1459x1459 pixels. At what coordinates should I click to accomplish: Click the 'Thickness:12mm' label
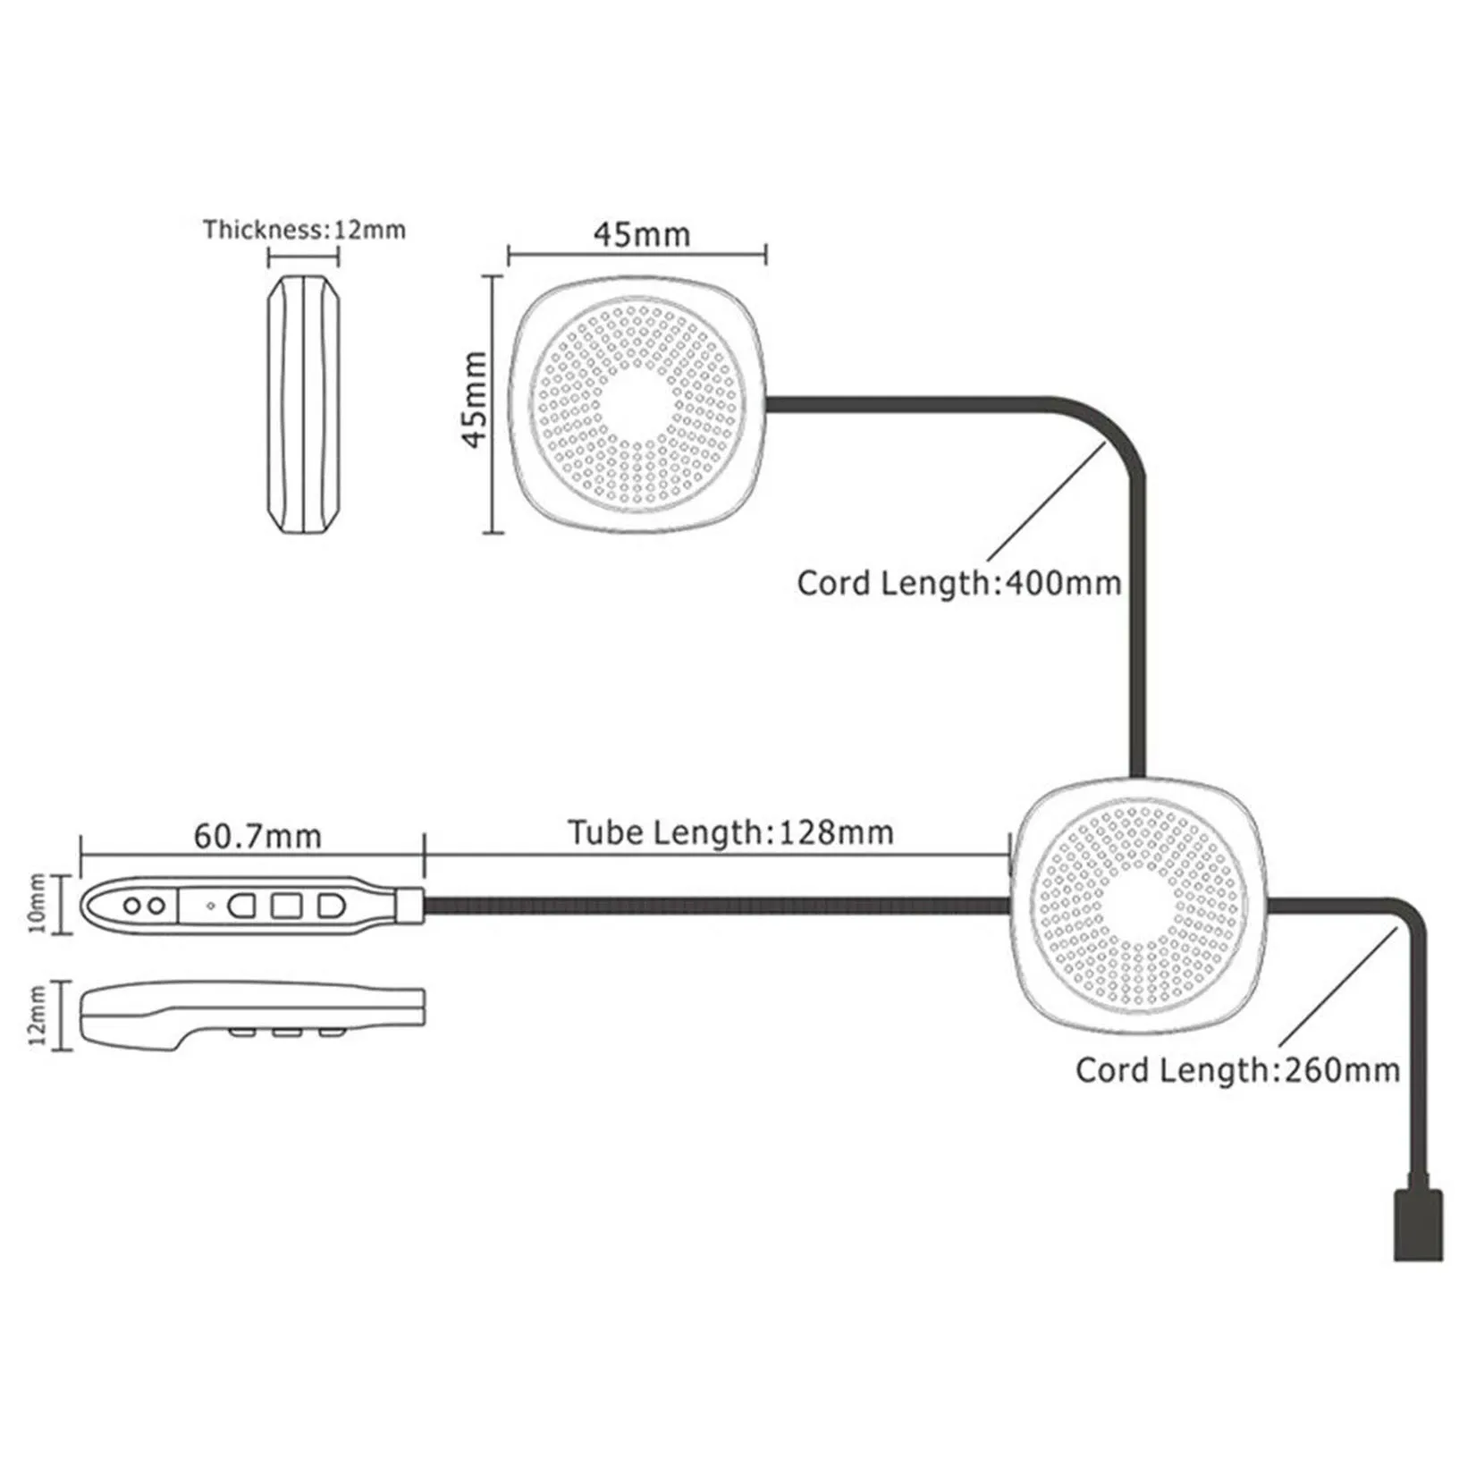tap(304, 230)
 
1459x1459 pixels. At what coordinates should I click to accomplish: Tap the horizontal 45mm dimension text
tap(642, 234)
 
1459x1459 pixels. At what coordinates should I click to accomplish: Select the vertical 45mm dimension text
tap(473, 399)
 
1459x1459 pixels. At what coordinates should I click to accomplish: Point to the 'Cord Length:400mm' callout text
tap(958, 583)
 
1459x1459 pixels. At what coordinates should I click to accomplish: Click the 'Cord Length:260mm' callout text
tap(1237, 1070)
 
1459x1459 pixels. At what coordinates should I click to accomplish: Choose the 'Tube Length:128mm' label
tap(730, 832)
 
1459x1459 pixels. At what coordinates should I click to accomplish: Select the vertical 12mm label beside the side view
tap(37, 1015)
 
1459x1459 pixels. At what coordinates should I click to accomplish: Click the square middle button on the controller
tap(286, 906)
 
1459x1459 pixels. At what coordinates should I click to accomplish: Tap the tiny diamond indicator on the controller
tap(211, 906)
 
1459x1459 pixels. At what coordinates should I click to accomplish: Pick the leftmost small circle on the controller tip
tap(132, 906)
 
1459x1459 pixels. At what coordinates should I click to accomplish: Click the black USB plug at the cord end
tap(1418, 1224)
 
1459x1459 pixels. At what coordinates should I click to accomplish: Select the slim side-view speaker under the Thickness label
tap(304, 405)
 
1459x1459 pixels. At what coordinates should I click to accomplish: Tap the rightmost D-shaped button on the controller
tap(331, 906)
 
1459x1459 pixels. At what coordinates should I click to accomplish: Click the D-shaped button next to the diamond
tap(241, 906)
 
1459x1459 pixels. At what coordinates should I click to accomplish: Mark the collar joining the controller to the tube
tap(409, 906)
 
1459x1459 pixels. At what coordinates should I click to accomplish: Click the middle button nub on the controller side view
tap(286, 1033)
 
